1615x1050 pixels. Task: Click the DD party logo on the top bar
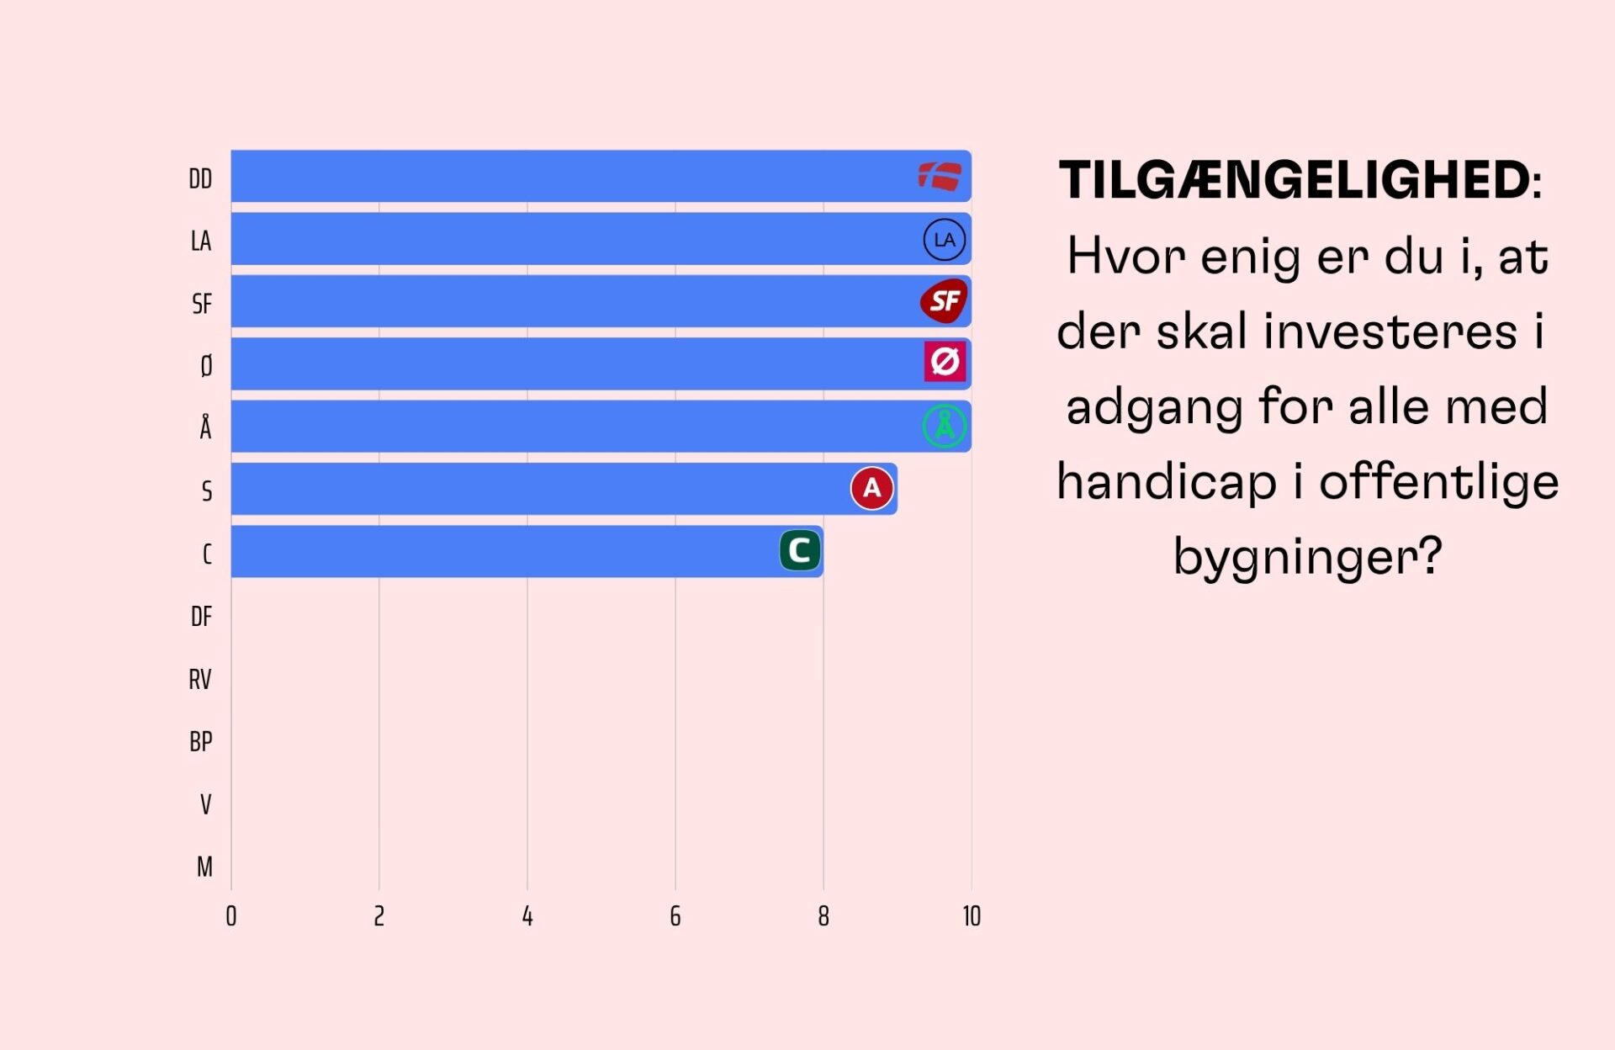(940, 177)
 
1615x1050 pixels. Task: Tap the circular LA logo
(945, 240)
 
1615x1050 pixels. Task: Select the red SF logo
(944, 301)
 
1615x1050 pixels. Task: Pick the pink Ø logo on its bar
(945, 363)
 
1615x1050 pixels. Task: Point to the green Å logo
(945, 426)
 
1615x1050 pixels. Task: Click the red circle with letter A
(871, 488)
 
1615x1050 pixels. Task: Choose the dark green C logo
(800, 551)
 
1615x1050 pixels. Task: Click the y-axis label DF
(201, 617)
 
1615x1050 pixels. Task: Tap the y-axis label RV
(200, 680)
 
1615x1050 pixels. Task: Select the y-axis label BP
(201, 742)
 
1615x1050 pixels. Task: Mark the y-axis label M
(204, 867)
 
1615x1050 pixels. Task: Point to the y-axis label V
(205, 804)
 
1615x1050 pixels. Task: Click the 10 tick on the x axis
(972, 916)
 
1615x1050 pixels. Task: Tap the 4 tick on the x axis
(527, 916)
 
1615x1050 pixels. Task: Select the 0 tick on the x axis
(231, 916)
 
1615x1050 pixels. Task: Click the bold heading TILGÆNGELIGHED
(1294, 180)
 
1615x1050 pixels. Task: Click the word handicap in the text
(1166, 482)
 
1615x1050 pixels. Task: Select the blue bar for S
(538, 489)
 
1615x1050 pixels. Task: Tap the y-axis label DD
(200, 179)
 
